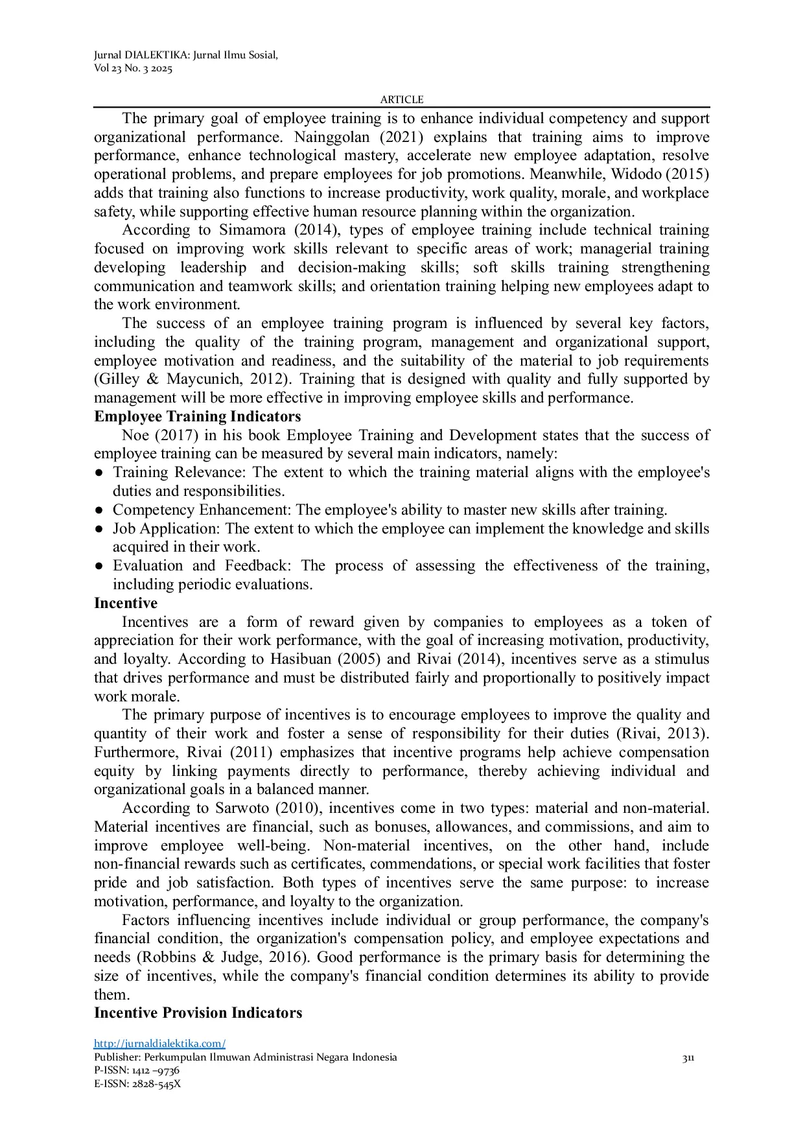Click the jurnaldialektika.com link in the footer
[x=159, y=1043]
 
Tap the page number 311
[x=688, y=1058]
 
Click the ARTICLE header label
[x=402, y=99]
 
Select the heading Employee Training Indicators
[x=198, y=416]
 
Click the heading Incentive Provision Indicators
[x=198, y=1013]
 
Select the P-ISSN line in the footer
[x=137, y=1070]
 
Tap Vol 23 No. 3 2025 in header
[x=134, y=69]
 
